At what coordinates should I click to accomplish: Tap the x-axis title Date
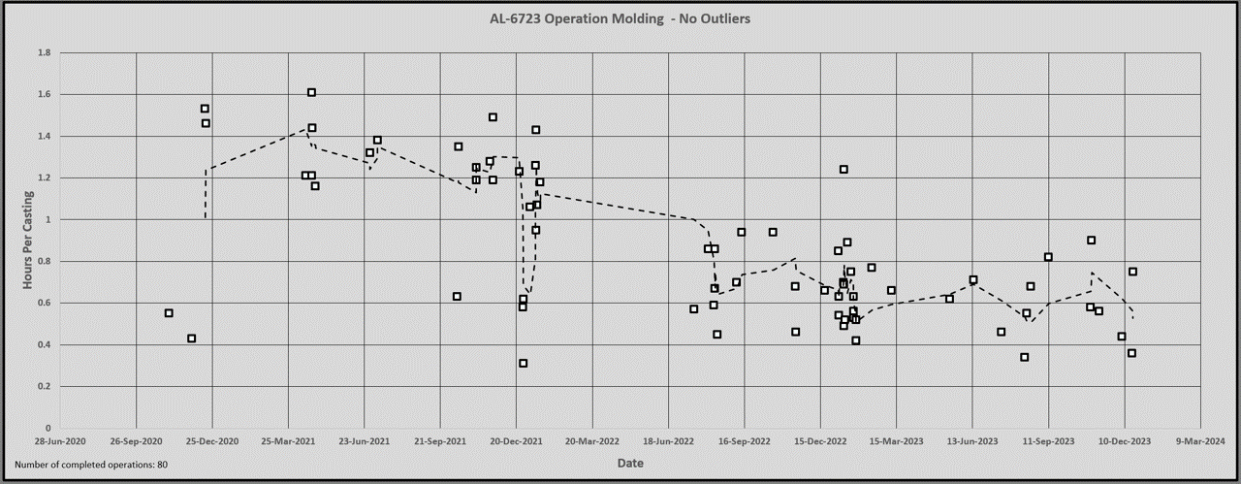coord(630,463)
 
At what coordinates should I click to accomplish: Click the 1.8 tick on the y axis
coord(44,52)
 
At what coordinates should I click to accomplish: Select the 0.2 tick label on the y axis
coord(44,386)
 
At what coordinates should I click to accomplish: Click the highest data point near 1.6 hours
coord(311,92)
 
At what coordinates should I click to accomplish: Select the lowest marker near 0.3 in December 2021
coord(523,363)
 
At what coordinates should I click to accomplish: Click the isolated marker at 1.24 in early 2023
coord(843,169)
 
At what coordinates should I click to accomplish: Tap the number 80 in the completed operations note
coord(162,465)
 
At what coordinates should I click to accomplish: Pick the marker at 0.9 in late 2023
coord(1091,240)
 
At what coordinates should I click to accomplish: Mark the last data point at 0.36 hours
coord(1131,353)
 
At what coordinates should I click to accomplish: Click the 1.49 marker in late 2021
coord(493,116)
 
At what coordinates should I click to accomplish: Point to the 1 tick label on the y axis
coord(47,219)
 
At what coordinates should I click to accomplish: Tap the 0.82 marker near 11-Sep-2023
coord(1048,257)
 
